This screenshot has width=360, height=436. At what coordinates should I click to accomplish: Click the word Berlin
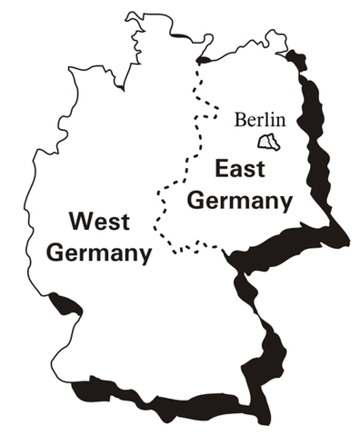(x=260, y=119)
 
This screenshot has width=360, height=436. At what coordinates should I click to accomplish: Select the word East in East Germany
(x=235, y=169)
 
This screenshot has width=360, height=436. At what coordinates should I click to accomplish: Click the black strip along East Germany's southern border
(x=282, y=245)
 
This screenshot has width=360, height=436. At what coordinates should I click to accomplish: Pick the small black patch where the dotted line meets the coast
(x=204, y=59)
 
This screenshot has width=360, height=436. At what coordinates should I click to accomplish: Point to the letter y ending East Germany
(x=285, y=202)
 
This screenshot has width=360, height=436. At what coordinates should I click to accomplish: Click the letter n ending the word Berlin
(x=281, y=119)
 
